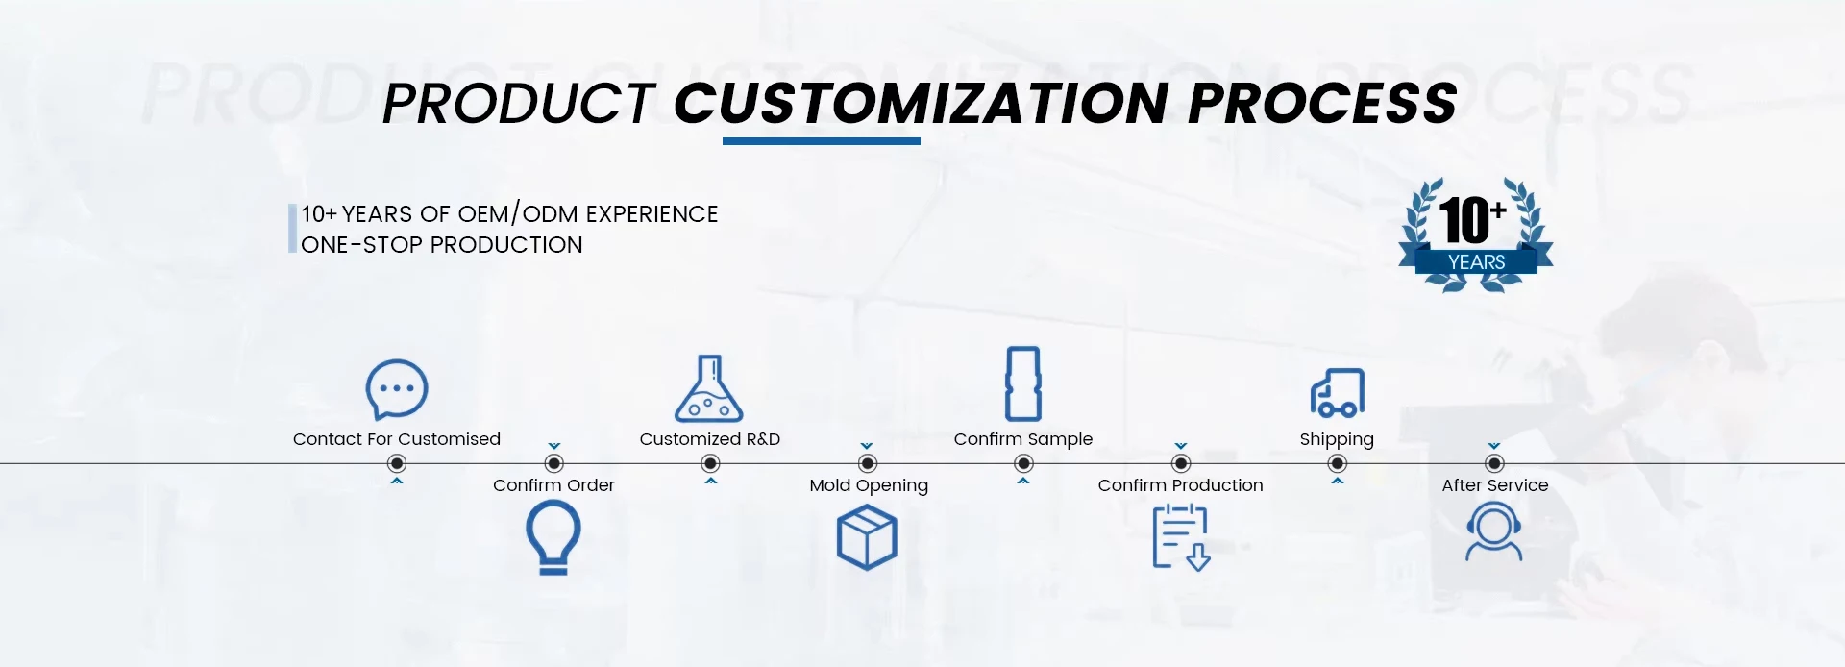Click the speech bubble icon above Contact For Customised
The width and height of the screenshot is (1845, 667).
click(397, 389)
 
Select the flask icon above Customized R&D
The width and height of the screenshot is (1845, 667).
click(709, 389)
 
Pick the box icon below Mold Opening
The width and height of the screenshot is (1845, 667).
click(867, 538)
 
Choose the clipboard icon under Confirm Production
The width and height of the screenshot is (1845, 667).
click(1181, 538)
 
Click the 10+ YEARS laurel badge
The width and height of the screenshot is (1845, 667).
click(1476, 235)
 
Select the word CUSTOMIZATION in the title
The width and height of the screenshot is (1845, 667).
click(921, 103)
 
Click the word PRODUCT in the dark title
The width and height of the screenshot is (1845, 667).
click(519, 104)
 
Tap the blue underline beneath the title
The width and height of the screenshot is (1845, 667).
click(822, 141)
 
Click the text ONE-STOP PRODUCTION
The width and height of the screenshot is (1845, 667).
click(442, 245)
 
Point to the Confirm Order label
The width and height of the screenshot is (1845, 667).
click(553, 485)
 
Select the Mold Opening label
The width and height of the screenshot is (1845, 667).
click(869, 485)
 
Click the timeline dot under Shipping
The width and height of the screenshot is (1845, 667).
click(1337, 463)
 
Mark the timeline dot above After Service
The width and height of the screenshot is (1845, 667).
click(1494, 463)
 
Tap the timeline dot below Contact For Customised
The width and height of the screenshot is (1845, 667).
click(397, 463)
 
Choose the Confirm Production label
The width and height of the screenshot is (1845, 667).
click(1180, 485)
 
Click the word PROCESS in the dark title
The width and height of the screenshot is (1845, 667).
click(1322, 103)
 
